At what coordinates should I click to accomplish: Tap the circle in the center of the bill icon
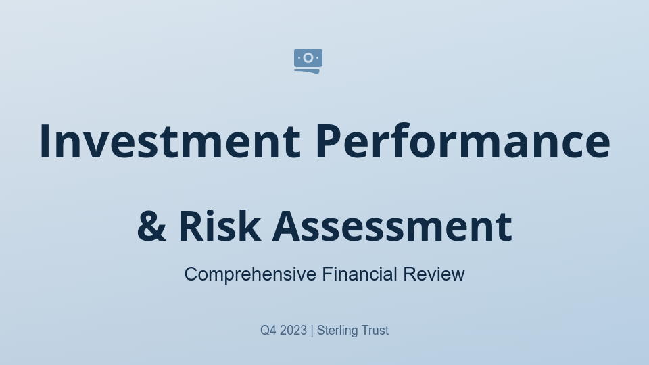coord(308,58)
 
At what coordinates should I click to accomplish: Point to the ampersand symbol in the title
coord(151,226)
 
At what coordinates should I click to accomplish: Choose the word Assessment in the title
coord(392,226)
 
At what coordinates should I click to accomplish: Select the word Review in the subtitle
coord(434,274)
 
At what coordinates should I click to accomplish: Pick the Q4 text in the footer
coord(268,331)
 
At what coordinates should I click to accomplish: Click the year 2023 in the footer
coord(293,331)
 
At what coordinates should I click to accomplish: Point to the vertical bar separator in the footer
coord(312,331)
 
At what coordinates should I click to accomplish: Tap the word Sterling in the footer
coord(337,331)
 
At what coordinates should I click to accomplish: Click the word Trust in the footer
coord(375,331)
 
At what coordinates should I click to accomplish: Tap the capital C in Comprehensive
coord(191,274)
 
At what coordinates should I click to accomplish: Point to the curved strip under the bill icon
coord(308,70)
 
